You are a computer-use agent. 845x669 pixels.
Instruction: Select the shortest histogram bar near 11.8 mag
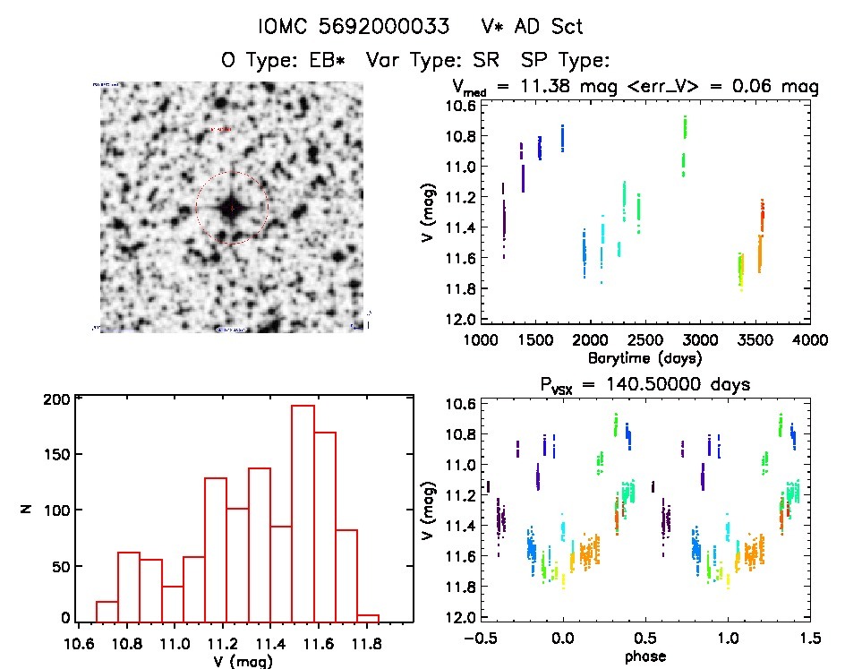tap(368, 617)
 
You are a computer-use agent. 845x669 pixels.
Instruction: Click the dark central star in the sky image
tap(232, 208)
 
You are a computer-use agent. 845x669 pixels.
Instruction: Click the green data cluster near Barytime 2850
tap(684, 143)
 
